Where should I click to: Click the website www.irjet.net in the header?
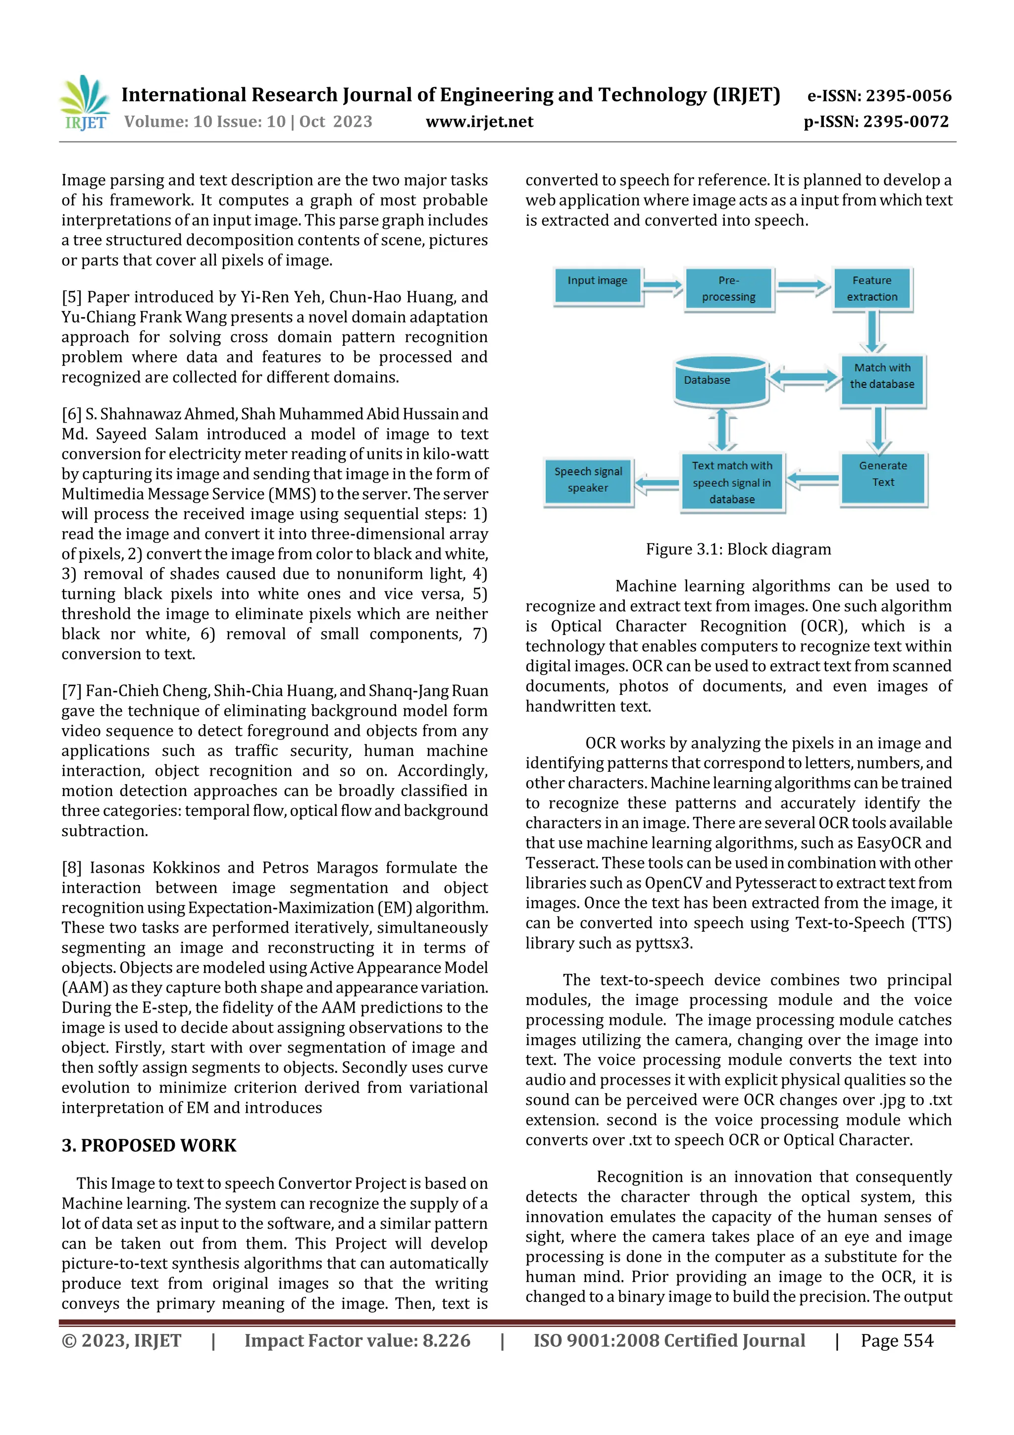pos(479,121)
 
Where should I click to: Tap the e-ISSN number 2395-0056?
pos(908,96)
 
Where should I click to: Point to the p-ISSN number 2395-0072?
pos(905,121)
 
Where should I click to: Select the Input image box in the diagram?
pos(597,286)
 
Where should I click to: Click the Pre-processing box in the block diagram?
pos(728,289)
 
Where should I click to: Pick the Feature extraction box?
pos(872,289)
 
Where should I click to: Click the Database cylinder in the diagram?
pos(720,381)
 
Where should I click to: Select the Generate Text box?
pos(883,479)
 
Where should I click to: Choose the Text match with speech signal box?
pos(732,482)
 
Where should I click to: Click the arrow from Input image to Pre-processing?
pos(663,286)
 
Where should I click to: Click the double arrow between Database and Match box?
pos(803,377)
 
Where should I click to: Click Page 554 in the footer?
pos(897,1340)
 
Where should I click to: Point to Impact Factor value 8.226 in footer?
pos(357,1340)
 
